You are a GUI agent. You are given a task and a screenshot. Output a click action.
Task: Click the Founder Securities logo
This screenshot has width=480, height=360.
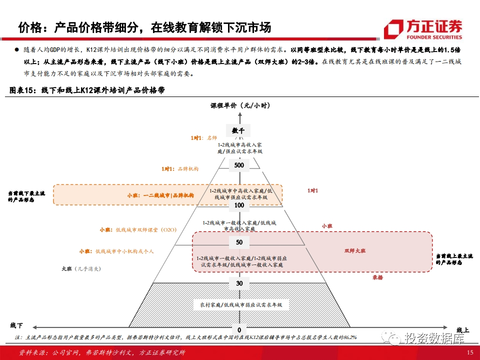click(423, 29)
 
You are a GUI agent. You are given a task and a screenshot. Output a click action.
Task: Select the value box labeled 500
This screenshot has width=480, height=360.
click(239, 165)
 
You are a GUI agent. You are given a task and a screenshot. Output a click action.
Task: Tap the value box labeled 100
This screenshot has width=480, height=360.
click(239, 205)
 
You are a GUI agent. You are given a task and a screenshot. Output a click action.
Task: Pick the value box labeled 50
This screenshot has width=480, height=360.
click(239, 242)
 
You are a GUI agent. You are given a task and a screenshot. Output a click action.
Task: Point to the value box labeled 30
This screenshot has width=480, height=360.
click(239, 283)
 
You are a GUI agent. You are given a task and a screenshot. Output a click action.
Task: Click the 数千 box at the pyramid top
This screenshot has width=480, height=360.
click(239, 130)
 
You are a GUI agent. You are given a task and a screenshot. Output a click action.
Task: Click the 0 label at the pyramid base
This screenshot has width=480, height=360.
click(239, 330)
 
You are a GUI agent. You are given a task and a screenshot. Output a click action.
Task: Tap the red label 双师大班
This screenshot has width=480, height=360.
click(355, 250)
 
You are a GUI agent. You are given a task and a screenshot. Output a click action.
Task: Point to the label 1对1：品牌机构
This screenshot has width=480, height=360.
click(180, 169)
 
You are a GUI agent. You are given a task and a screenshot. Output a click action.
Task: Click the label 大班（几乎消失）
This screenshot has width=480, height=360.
click(81, 268)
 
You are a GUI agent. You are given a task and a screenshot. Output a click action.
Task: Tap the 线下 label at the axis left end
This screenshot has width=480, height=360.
click(16, 325)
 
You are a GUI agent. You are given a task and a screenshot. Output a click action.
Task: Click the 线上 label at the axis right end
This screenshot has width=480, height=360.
click(462, 330)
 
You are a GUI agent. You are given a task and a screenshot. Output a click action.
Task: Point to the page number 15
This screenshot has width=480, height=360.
click(469, 352)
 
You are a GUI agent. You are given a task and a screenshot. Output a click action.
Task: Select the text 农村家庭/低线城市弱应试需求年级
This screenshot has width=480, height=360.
click(241, 304)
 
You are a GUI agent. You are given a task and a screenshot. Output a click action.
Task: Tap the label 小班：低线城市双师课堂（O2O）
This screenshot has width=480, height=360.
click(138, 230)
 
